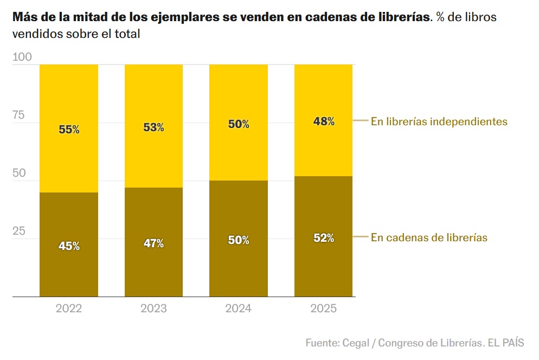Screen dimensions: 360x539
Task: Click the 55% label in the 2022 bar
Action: point(69,130)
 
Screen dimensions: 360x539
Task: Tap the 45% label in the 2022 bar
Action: point(69,246)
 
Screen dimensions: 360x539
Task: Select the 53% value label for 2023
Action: point(153,127)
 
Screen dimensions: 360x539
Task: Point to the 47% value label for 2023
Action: point(153,243)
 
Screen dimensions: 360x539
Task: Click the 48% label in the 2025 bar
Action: point(324,121)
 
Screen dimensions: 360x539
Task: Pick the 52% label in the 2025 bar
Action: point(324,237)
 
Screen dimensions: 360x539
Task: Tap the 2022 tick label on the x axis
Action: point(69,308)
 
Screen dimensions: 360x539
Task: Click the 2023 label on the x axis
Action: point(153,308)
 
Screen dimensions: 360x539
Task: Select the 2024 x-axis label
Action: point(239,308)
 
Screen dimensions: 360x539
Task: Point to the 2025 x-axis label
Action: point(324,308)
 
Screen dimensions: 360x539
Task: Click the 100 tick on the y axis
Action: point(22,57)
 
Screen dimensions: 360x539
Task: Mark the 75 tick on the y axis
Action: point(20,115)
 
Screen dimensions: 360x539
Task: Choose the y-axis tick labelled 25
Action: point(20,231)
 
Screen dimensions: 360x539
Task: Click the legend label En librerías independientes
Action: point(439,121)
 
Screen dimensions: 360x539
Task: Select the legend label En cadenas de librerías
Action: point(429,237)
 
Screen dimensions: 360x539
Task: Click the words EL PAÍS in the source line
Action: point(505,343)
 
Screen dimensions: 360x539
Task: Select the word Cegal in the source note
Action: point(356,343)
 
